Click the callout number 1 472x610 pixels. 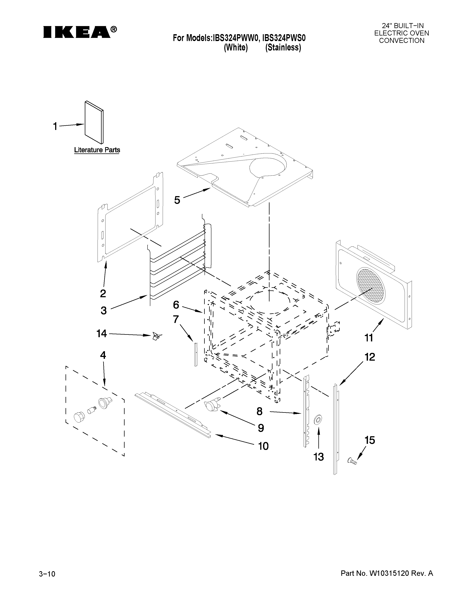[x=55, y=126]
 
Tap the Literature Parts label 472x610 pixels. [x=97, y=150]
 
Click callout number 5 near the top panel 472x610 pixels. [x=177, y=200]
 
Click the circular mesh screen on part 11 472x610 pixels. [x=371, y=285]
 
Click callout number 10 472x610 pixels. [x=263, y=446]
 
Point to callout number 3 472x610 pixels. [x=103, y=310]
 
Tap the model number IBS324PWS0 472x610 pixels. [x=284, y=38]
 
